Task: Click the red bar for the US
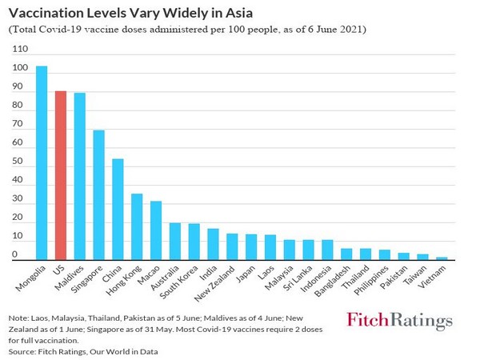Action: click(61, 175)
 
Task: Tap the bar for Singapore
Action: click(99, 195)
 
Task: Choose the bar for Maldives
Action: click(80, 176)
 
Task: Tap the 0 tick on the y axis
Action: click(15, 255)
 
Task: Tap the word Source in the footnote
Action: click(23, 350)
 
